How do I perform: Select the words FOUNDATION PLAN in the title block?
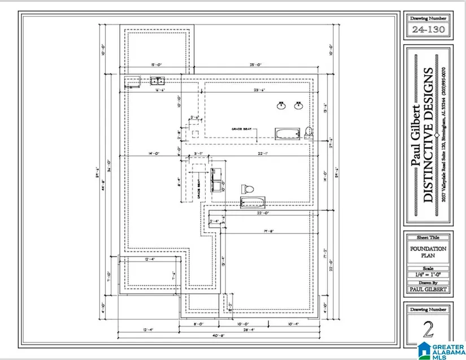click(x=428, y=251)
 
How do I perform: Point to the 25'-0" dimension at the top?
click(x=255, y=65)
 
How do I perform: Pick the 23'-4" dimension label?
click(x=259, y=89)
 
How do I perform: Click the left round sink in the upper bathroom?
click(x=281, y=105)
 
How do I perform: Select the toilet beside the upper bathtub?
click(x=308, y=132)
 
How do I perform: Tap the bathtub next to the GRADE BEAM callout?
click(x=286, y=134)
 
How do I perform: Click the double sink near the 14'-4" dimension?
click(x=156, y=81)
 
